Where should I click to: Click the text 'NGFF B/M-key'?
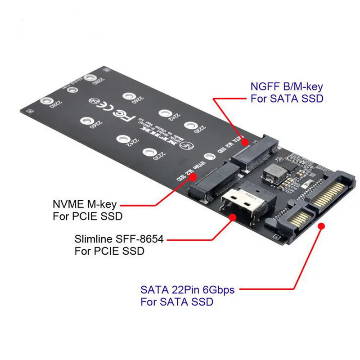(286, 86)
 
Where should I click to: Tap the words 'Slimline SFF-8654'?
(119, 239)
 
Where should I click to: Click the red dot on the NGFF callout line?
(245, 142)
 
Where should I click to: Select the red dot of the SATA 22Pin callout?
(321, 225)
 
